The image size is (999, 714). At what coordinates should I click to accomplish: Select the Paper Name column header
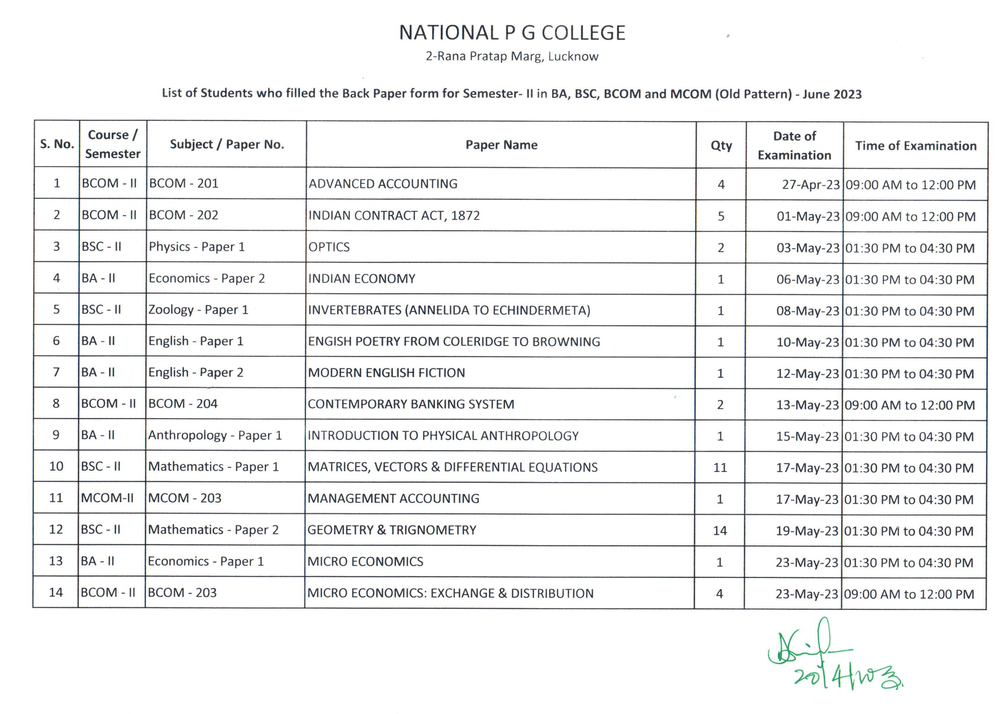[501, 145]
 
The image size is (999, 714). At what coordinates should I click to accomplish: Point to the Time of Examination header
[915, 146]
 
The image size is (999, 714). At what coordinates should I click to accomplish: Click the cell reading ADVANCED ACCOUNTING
[383, 184]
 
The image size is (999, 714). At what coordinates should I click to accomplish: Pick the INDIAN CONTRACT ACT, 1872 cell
[394, 216]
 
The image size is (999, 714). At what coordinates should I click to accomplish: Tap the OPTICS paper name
[329, 247]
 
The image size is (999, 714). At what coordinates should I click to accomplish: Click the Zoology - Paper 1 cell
[198, 310]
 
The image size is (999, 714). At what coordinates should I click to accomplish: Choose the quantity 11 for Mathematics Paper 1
[720, 468]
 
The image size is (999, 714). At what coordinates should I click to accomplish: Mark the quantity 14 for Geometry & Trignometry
[720, 531]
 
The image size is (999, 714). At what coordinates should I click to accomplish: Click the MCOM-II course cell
[107, 498]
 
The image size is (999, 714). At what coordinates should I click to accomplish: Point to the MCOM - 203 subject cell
[185, 498]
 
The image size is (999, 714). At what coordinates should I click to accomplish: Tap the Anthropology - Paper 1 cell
[215, 435]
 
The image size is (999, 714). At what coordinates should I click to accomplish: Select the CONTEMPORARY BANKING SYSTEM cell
[411, 404]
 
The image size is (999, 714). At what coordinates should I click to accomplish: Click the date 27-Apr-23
[810, 185]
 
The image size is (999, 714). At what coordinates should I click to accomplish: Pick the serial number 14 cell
[56, 593]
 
